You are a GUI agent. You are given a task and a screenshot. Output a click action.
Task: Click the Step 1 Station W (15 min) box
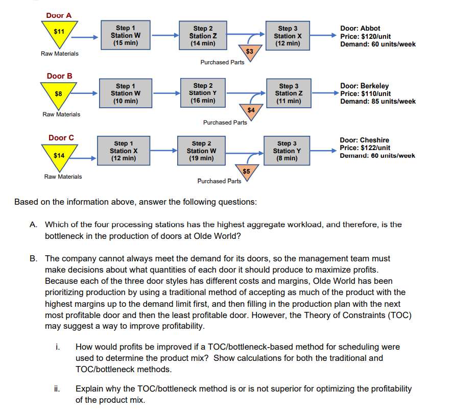coord(126,36)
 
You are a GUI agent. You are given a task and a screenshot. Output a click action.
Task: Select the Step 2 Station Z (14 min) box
coord(203,36)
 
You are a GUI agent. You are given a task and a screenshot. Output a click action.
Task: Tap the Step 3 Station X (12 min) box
coord(288,36)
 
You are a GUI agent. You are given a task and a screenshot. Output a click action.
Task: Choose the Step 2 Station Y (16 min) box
coord(203,93)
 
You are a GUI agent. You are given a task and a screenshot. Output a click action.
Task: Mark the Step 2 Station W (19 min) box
coord(201,151)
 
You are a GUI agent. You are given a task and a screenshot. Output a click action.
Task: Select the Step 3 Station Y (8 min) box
coord(287,151)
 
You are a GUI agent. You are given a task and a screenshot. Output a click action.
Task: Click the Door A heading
coord(59,15)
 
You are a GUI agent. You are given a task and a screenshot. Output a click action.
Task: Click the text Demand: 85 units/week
coord(378,101)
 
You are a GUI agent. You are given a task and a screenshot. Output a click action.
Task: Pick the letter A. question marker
coord(33,225)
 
